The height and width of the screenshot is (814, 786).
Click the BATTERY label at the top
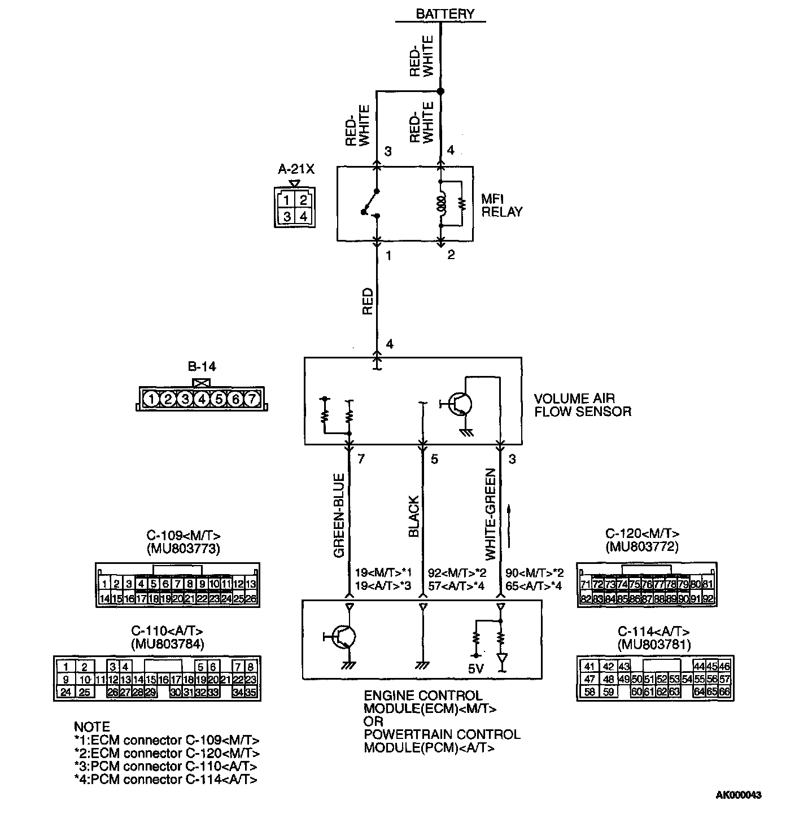(x=445, y=14)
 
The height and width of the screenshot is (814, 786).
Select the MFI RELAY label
(x=501, y=205)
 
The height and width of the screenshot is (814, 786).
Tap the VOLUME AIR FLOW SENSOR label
(x=582, y=405)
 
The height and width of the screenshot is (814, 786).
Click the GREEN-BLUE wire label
(x=339, y=515)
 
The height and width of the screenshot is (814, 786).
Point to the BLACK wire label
(x=414, y=517)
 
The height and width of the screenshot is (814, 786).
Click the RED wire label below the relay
(x=368, y=301)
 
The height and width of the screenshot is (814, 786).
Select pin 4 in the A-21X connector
(x=303, y=216)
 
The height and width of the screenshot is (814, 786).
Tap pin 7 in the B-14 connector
(x=252, y=399)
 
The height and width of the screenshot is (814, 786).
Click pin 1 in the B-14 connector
(x=151, y=399)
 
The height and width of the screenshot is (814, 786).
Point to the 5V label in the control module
(x=475, y=669)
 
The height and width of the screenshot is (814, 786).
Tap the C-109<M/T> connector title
(x=184, y=535)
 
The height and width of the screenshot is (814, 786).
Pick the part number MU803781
(x=654, y=644)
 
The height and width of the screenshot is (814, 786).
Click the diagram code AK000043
(x=739, y=795)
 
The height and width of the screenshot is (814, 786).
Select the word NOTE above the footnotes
(x=92, y=727)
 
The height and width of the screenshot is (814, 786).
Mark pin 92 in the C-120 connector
(x=708, y=598)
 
